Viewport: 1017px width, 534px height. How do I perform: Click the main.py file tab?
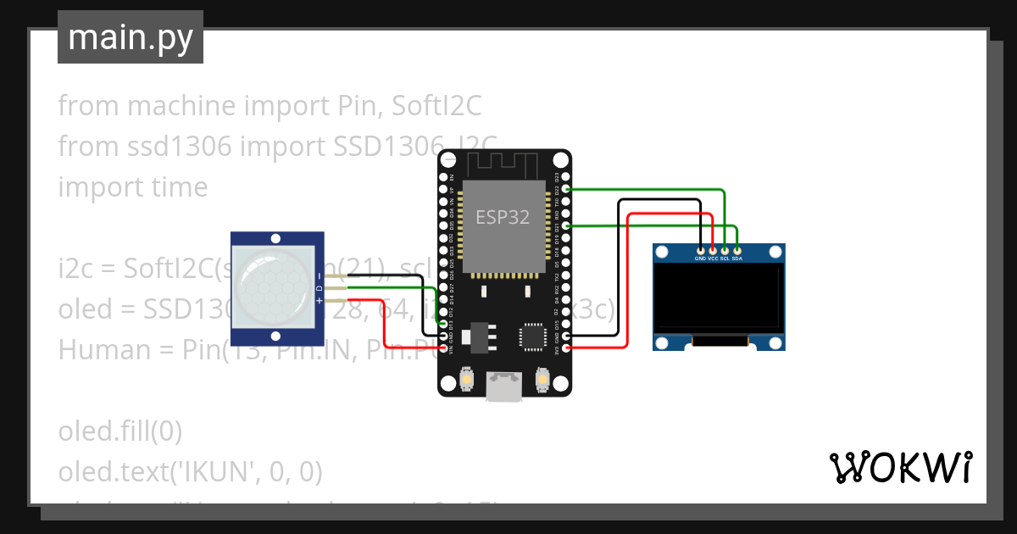(x=130, y=37)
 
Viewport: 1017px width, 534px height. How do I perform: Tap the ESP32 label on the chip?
(x=502, y=217)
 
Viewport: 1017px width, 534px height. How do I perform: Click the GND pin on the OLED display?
(x=700, y=251)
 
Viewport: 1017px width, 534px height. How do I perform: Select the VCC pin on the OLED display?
(x=713, y=251)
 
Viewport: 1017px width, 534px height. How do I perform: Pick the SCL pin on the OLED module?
(x=725, y=251)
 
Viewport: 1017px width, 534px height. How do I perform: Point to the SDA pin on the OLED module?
(x=737, y=251)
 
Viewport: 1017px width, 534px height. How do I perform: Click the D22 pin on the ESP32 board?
(x=566, y=189)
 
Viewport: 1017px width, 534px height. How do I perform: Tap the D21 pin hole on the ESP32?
(x=566, y=225)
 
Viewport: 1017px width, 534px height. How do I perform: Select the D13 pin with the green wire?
(x=444, y=324)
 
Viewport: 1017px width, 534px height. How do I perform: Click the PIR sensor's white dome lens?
(x=271, y=286)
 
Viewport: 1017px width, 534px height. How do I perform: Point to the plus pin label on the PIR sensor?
(x=319, y=302)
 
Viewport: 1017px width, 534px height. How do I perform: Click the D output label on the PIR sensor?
(x=319, y=289)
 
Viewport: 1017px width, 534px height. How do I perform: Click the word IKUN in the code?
(x=206, y=471)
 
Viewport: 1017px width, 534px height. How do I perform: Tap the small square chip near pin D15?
(x=534, y=336)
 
